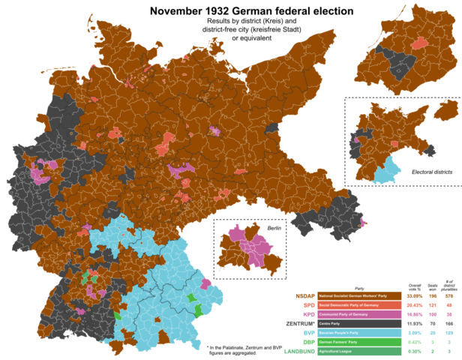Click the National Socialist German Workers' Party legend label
point(358,295)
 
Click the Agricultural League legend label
point(339,351)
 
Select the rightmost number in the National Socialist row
point(449,295)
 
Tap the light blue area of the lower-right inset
point(385,172)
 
